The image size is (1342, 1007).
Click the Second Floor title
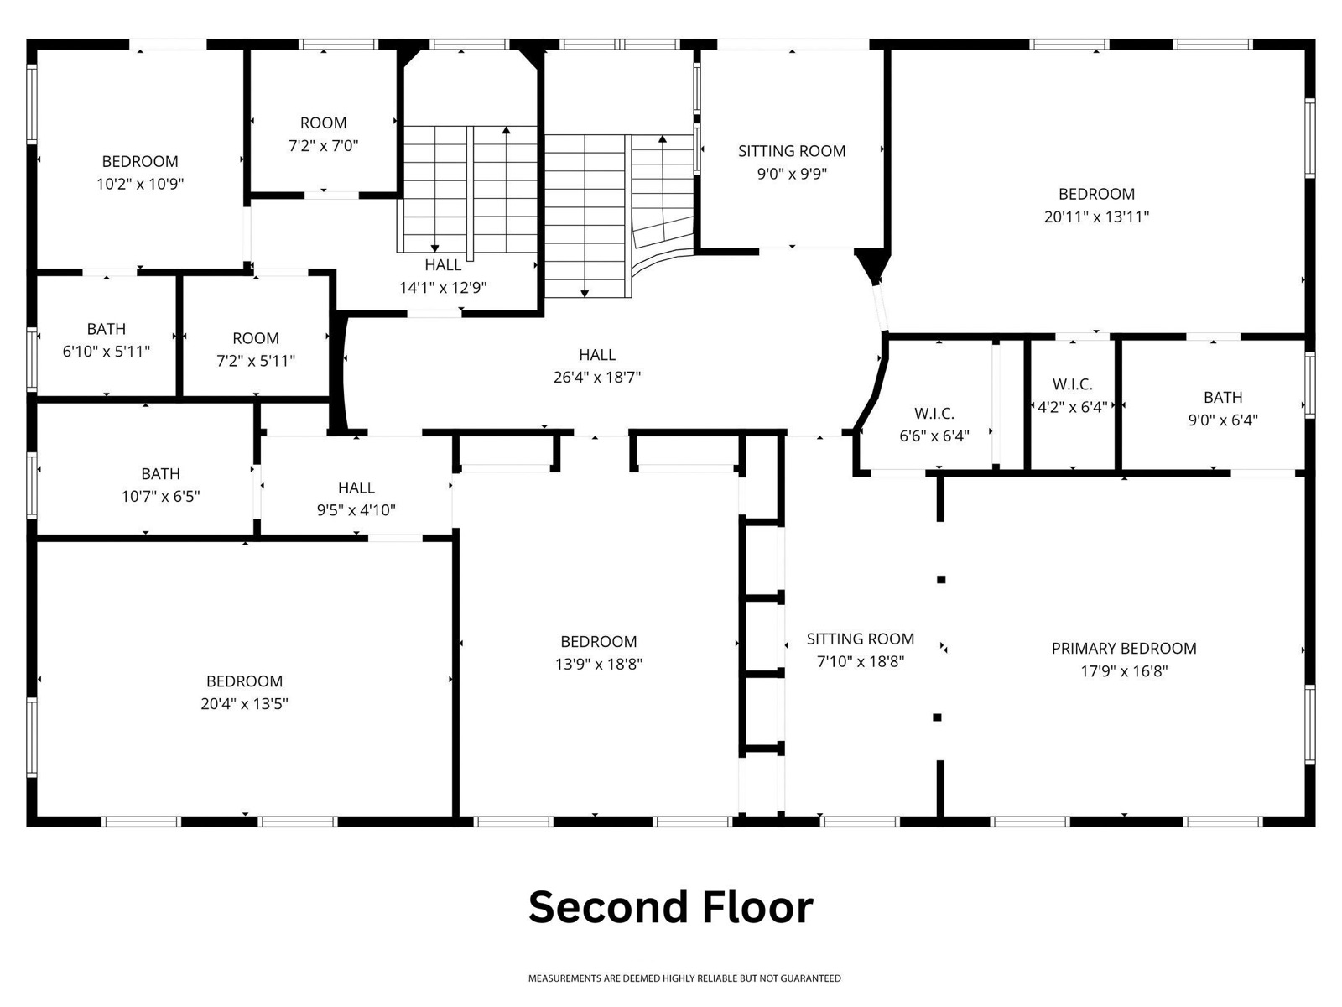point(671,907)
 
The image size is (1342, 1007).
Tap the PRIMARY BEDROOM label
point(1124,648)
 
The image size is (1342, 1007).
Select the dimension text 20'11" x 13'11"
point(1096,217)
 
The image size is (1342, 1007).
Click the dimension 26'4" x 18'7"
point(596,378)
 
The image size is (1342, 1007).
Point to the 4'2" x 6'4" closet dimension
point(1073,407)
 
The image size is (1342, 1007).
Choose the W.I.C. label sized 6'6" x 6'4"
point(934,414)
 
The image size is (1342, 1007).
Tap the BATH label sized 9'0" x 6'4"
point(1223,398)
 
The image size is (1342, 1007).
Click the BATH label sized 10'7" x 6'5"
point(160,474)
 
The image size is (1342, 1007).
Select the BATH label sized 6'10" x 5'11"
point(107,329)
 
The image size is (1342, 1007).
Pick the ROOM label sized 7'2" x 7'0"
point(324,123)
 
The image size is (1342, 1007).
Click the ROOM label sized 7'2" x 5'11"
point(256,338)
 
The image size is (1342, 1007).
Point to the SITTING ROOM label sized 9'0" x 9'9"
point(792,151)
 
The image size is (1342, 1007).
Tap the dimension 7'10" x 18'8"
point(861,661)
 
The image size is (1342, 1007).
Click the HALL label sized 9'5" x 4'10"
point(356,488)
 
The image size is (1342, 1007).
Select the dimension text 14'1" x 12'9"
point(443,287)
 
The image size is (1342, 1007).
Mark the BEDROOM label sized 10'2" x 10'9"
point(140,161)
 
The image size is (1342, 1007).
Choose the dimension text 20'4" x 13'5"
point(244,704)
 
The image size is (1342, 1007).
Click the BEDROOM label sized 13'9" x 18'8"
point(599,641)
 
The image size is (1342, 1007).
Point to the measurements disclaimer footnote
point(684,978)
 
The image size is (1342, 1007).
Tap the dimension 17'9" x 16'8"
point(1124,671)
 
